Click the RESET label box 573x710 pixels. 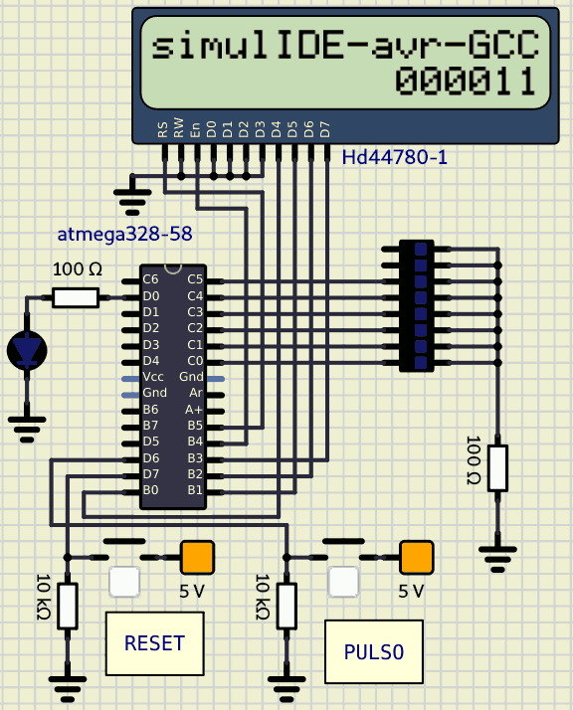click(x=154, y=643)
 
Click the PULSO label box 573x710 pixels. click(x=374, y=651)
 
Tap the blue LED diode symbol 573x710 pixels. click(x=27, y=350)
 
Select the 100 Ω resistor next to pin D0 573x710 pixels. click(x=76, y=297)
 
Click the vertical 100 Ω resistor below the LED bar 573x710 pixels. click(x=497, y=468)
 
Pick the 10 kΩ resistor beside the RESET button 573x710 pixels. click(x=68, y=606)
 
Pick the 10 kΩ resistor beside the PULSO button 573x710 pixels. click(x=286, y=606)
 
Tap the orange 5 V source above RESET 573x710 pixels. click(x=198, y=558)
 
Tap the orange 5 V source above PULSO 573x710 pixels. click(x=416, y=558)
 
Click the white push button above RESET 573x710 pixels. click(x=124, y=582)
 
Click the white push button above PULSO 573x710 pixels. click(x=343, y=582)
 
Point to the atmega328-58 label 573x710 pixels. click(x=124, y=234)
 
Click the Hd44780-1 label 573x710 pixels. click(x=394, y=157)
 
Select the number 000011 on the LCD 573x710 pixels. click(x=467, y=82)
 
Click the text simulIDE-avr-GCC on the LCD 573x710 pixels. click(x=345, y=45)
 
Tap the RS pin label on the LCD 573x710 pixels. click(x=163, y=129)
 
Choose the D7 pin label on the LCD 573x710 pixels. click(x=325, y=129)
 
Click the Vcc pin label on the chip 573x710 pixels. click(x=153, y=377)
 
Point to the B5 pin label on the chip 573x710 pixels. click(x=195, y=426)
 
